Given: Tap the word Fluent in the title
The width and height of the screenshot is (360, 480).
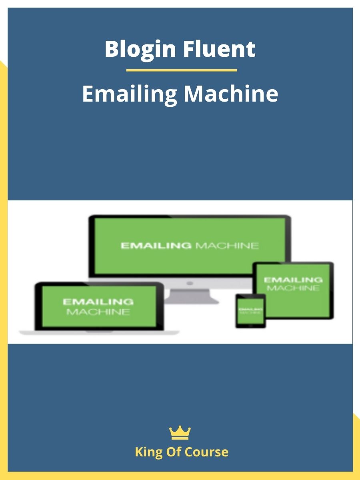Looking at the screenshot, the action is point(219,49).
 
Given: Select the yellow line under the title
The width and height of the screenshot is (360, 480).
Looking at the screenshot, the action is point(181,70).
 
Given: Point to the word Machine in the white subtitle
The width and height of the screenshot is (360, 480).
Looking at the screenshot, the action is point(231,94).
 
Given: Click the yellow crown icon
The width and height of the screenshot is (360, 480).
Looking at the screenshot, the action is point(180,433).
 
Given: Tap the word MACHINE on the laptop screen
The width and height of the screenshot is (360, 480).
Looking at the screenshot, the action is point(98,312).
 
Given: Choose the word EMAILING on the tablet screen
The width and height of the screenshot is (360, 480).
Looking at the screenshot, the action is point(293,280).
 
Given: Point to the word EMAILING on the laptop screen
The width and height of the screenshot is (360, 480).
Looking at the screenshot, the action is point(98,302).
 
